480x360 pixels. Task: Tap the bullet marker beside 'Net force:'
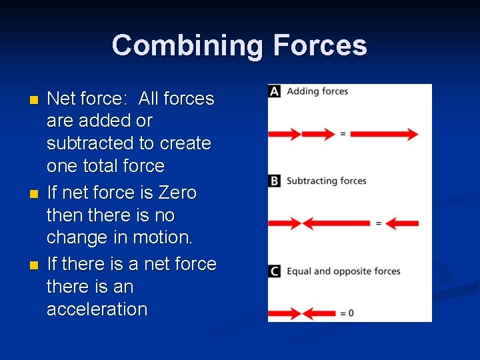(x=35, y=101)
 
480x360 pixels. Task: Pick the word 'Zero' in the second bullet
(x=177, y=193)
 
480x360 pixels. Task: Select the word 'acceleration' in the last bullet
(x=97, y=309)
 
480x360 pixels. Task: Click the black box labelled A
(x=275, y=91)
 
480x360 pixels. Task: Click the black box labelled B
(x=275, y=181)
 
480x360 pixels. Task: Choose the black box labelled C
(x=275, y=271)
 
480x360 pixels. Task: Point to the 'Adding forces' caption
(x=317, y=91)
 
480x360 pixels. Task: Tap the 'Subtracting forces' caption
(x=327, y=181)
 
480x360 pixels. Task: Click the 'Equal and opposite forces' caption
(x=343, y=271)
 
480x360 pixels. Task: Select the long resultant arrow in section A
(x=384, y=134)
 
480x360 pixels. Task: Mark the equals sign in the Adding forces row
(x=343, y=134)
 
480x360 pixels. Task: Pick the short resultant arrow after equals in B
(x=401, y=223)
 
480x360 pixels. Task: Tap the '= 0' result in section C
(x=347, y=313)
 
